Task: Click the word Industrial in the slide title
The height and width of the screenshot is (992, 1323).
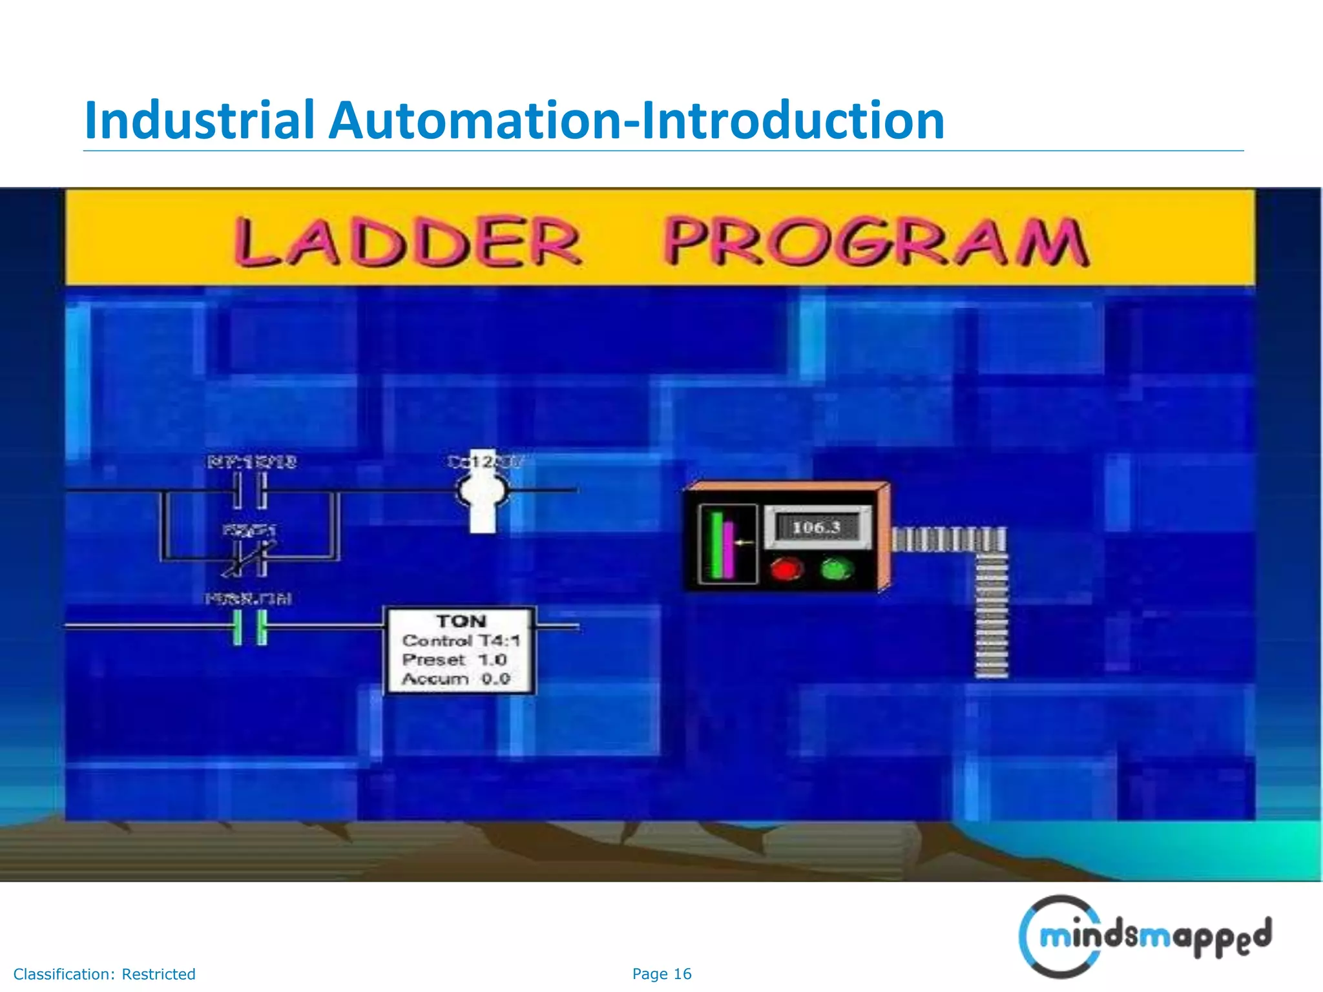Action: tap(199, 120)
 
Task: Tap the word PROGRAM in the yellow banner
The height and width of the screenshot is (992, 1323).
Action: tap(876, 242)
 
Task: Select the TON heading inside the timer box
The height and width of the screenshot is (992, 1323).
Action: tap(461, 621)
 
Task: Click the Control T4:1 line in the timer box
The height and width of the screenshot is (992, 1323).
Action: tap(461, 641)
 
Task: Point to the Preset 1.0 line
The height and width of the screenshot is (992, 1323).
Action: tap(454, 660)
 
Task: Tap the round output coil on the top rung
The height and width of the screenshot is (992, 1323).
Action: tap(483, 492)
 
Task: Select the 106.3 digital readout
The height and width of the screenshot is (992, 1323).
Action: tap(817, 528)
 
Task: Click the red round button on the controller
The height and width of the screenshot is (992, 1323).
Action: tap(786, 570)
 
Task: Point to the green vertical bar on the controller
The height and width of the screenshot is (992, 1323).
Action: tap(716, 544)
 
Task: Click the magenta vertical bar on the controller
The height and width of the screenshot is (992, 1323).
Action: tap(729, 549)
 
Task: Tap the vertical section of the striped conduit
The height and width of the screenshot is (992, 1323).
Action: tap(992, 614)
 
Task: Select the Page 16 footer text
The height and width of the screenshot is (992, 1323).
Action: tap(661, 974)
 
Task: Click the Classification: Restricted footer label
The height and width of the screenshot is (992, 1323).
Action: tap(104, 974)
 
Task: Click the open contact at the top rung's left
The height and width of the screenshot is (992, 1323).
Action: tap(249, 491)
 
